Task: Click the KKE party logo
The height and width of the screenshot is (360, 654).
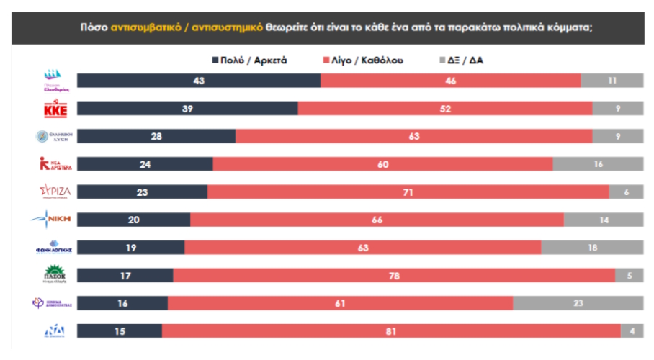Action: click(55, 109)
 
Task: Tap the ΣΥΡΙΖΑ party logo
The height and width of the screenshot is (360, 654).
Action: click(55, 192)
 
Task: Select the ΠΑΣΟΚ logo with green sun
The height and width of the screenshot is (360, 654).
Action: click(55, 275)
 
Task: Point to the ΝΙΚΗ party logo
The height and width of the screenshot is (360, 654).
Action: click(55, 219)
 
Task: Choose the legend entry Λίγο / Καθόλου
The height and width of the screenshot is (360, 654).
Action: click(365, 60)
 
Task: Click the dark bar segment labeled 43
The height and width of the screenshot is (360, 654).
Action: click(199, 81)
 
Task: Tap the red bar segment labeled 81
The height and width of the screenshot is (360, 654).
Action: click(391, 330)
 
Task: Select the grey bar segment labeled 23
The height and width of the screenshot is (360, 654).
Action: click(578, 303)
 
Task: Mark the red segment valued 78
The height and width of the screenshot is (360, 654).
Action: click(394, 276)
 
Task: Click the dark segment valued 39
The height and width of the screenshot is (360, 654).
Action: click(187, 109)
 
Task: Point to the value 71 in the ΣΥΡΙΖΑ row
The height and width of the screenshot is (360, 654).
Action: click(408, 192)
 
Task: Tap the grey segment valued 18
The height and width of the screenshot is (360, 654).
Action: click(591, 248)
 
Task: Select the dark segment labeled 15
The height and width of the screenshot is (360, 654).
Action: click(120, 330)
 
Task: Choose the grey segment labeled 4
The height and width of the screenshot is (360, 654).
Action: click(632, 330)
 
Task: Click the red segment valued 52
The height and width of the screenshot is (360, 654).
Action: click(445, 109)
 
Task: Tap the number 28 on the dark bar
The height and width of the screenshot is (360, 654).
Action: click(156, 137)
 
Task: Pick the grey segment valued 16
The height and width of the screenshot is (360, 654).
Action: click(597, 164)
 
